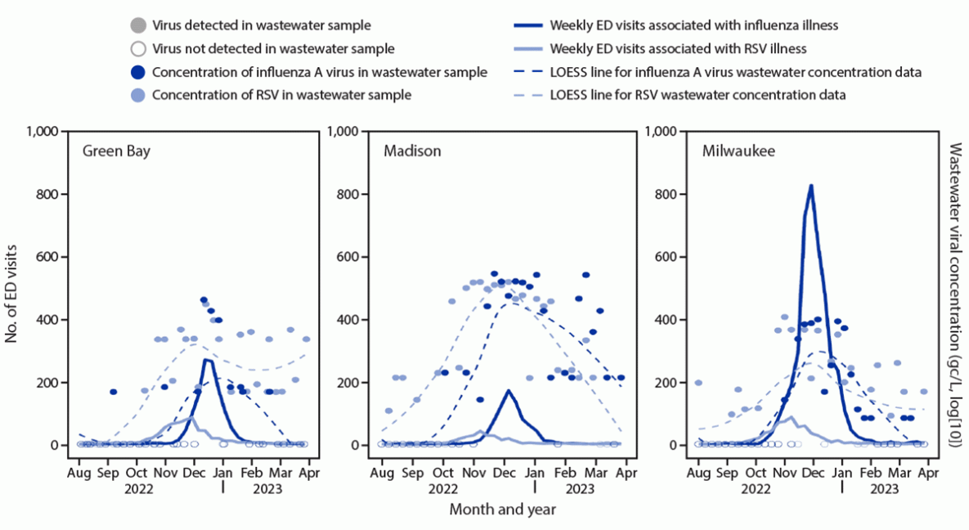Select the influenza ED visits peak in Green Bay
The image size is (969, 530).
click(206, 360)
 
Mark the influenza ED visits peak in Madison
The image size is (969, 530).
click(509, 390)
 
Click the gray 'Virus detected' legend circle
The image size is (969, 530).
click(139, 26)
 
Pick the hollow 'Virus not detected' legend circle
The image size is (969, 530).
click(139, 49)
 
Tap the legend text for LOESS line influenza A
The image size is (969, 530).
click(736, 72)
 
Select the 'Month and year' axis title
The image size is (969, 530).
click(502, 509)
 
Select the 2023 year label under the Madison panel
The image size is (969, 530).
click(579, 488)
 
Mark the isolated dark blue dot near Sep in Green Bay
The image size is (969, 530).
click(113, 392)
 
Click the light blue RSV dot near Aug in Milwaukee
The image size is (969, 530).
click(698, 382)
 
